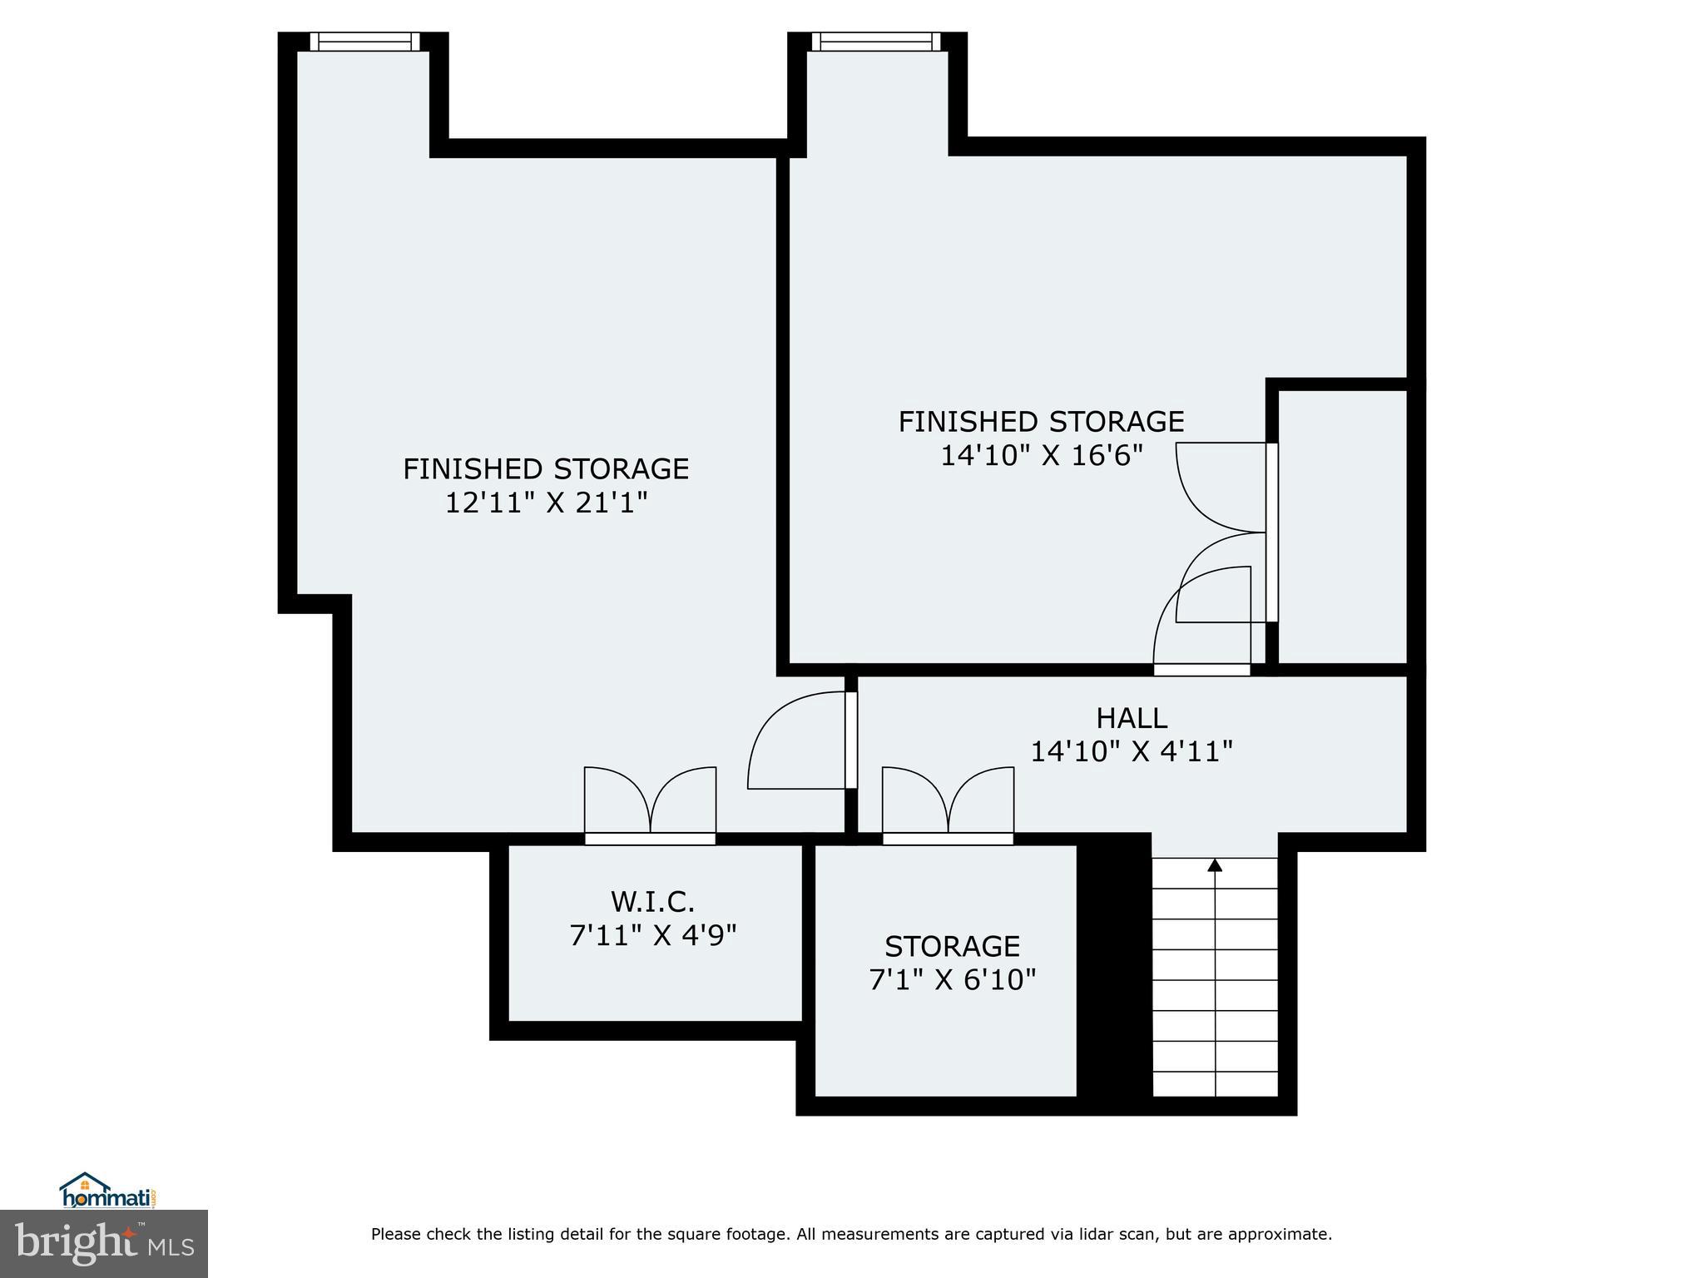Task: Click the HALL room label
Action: (x=1131, y=718)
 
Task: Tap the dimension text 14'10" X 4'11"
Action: (x=1131, y=752)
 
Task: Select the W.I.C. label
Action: (x=652, y=902)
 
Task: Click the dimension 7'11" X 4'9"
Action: (x=652, y=936)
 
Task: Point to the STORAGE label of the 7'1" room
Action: (x=952, y=947)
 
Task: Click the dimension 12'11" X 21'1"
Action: (x=546, y=503)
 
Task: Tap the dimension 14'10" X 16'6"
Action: (x=1041, y=456)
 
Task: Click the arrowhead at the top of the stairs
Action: (x=1215, y=865)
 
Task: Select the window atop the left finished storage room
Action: (x=364, y=42)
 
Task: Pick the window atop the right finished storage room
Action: (x=875, y=42)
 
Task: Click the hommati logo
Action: (x=106, y=1191)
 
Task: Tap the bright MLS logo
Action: (x=104, y=1243)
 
